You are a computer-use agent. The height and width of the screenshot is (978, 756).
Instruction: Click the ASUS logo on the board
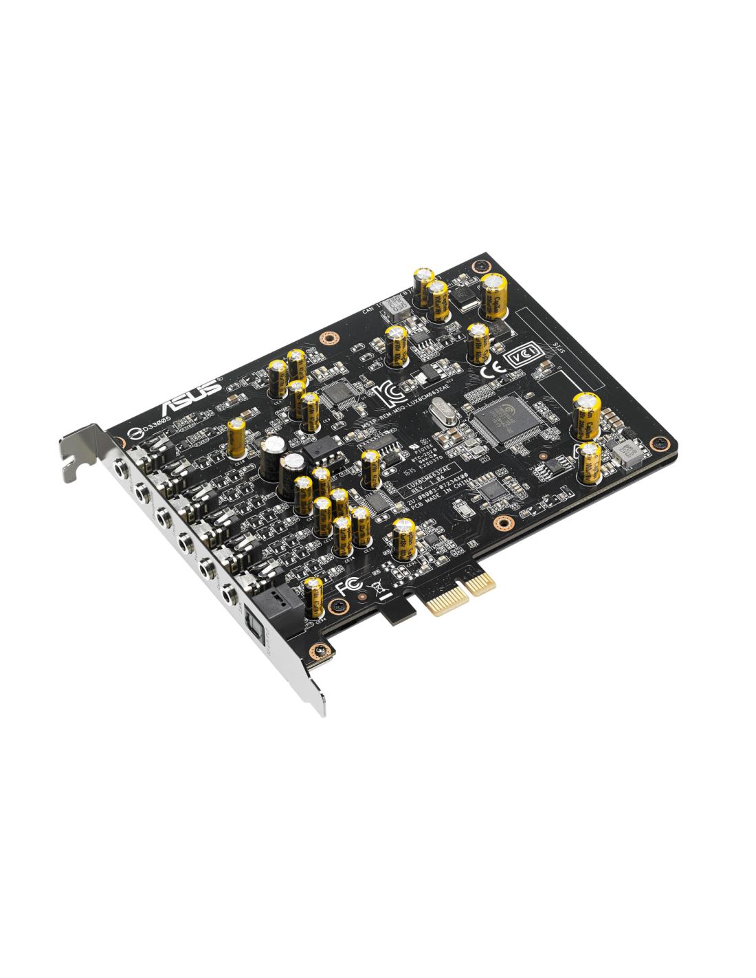[x=193, y=396]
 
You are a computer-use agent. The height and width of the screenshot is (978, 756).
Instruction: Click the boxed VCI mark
[x=522, y=357]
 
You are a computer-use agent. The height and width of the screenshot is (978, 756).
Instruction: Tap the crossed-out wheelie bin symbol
[x=377, y=587]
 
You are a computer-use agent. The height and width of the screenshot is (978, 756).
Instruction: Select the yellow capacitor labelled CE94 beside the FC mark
[x=314, y=596]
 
